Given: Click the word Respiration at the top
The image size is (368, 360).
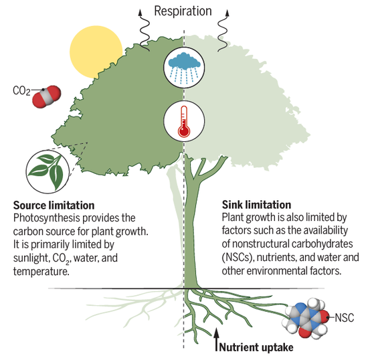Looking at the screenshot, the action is point(183,11).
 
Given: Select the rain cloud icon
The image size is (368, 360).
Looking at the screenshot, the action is point(184,68).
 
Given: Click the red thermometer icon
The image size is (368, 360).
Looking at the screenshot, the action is point(184,121).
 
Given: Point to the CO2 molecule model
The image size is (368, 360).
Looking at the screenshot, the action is point(46,96).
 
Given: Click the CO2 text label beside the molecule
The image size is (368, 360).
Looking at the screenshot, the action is point(21,91).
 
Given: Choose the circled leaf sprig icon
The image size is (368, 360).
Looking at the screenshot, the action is point(48,171).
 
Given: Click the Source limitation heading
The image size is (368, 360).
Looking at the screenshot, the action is point(54,205).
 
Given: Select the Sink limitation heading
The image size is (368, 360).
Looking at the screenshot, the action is point(256,205).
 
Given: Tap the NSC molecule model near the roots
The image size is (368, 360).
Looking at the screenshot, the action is point(307,319).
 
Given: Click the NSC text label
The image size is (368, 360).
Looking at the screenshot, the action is point(345,318).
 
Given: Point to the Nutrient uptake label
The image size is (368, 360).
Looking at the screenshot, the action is point(256,347).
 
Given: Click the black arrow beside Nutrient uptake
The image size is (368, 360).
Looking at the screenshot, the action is point(217,339).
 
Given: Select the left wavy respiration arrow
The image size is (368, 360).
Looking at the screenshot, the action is point(145,30).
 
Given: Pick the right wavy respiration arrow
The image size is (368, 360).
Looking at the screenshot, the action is point(223,30).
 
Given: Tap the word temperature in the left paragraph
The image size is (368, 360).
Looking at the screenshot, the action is point(41,272).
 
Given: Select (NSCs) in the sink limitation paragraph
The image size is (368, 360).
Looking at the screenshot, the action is point(238,258).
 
